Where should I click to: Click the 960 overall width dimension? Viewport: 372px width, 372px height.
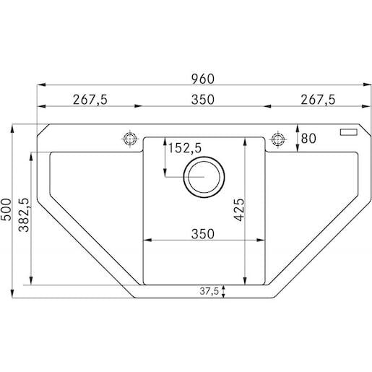pos(203,79)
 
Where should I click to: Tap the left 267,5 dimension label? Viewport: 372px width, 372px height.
pos(90,100)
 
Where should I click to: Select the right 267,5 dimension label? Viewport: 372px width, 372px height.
pos(318,100)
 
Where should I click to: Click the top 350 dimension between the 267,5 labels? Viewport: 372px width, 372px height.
pos(203,100)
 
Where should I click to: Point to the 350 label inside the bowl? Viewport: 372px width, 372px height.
pos(203,234)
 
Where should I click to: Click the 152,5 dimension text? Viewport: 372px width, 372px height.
pos(184,148)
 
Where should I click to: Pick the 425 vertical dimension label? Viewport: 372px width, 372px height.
pos(239,209)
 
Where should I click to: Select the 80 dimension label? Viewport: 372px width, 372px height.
pos(308,139)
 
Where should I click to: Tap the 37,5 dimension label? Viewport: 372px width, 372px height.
pos(209,291)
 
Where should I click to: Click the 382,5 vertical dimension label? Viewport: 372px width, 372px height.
pos(24,215)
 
